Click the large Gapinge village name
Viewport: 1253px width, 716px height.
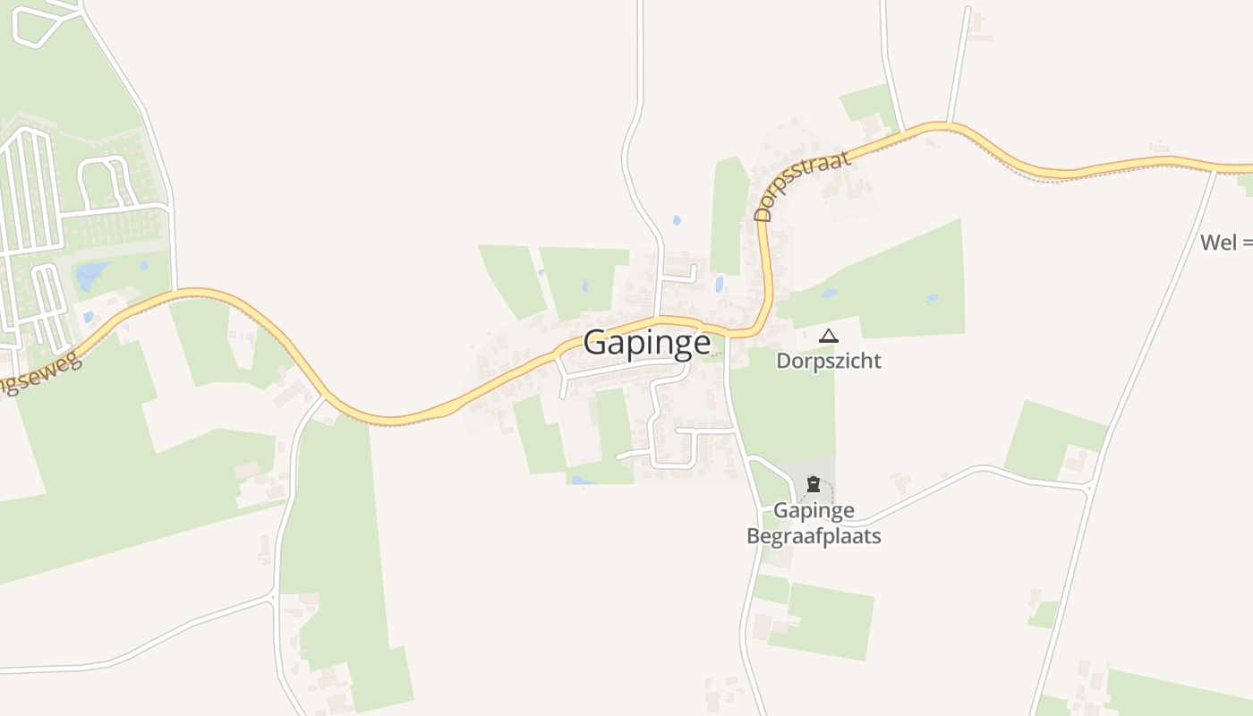point(647,343)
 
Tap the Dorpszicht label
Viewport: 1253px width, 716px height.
point(828,361)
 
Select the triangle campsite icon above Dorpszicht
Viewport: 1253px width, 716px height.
point(829,337)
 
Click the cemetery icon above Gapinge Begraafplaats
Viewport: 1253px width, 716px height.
point(813,485)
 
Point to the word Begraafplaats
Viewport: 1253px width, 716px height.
point(814,536)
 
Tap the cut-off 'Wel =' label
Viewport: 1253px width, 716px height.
point(1225,242)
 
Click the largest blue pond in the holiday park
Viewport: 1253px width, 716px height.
point(91,275)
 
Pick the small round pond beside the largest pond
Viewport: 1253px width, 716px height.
point(143,266)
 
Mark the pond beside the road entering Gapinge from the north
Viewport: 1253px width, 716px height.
point(677,220)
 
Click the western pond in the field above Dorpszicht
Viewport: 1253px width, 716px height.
point(829,293)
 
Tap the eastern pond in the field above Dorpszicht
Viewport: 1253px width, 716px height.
point(933,298)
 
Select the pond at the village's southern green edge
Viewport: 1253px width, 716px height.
point(582,481)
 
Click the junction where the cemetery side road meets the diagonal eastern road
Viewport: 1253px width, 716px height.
point(1089,486)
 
